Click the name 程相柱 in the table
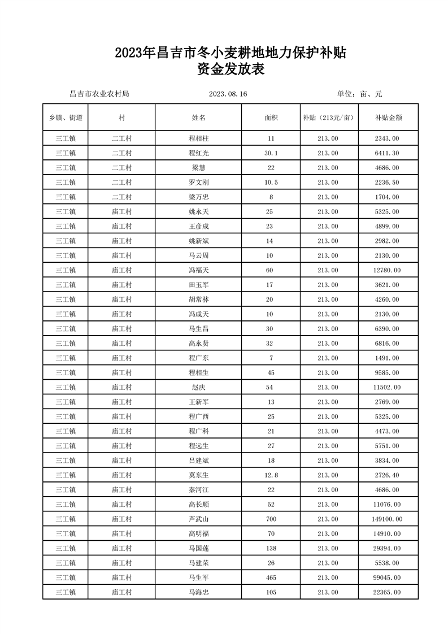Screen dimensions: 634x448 198,138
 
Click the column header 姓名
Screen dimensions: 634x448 198,118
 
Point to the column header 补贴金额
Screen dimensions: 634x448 388,118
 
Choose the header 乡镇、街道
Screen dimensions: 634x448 66,118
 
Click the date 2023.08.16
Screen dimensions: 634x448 228,94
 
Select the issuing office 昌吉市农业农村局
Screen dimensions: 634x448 99,94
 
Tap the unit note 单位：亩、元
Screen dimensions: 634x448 359,94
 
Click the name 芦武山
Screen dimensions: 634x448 198,519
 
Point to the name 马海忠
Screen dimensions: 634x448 198,592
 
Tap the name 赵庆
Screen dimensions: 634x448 198,387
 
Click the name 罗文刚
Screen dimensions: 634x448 198,182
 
